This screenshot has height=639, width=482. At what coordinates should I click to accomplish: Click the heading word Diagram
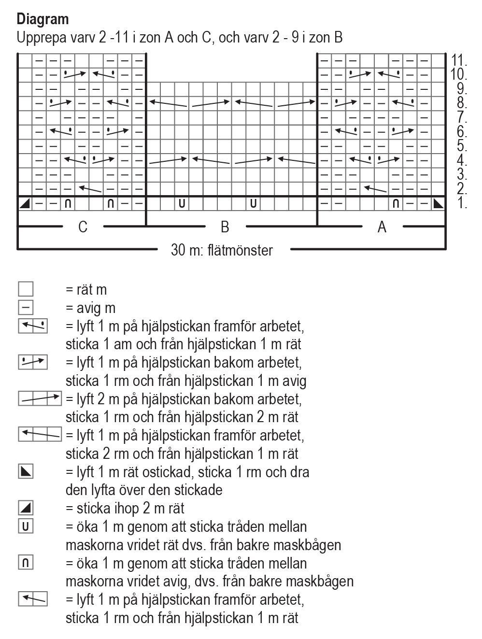coord(43,20)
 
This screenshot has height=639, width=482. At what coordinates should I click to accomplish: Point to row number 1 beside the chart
coord(462,203)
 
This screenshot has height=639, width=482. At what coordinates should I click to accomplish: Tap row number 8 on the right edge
coord(461,103)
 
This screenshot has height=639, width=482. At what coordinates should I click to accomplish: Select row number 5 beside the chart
coord(461,146)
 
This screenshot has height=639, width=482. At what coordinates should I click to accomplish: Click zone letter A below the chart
coord(382,227)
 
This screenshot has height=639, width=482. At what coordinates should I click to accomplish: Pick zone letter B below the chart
coord(225,227)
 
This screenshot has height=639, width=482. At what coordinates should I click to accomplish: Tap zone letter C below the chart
coord(83,227)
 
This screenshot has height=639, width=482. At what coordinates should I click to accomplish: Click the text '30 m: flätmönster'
coord(222,250)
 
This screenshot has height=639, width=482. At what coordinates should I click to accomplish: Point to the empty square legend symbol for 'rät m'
coord(26,289)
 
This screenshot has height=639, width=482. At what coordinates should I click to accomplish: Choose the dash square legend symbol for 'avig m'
coord(26,308)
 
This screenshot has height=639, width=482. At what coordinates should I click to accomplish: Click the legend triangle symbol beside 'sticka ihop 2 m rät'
coord(26,508)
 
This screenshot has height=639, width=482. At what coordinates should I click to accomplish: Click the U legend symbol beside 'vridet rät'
coord(26,526)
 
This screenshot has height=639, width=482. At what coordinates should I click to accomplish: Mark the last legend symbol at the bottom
coord(33,599)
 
